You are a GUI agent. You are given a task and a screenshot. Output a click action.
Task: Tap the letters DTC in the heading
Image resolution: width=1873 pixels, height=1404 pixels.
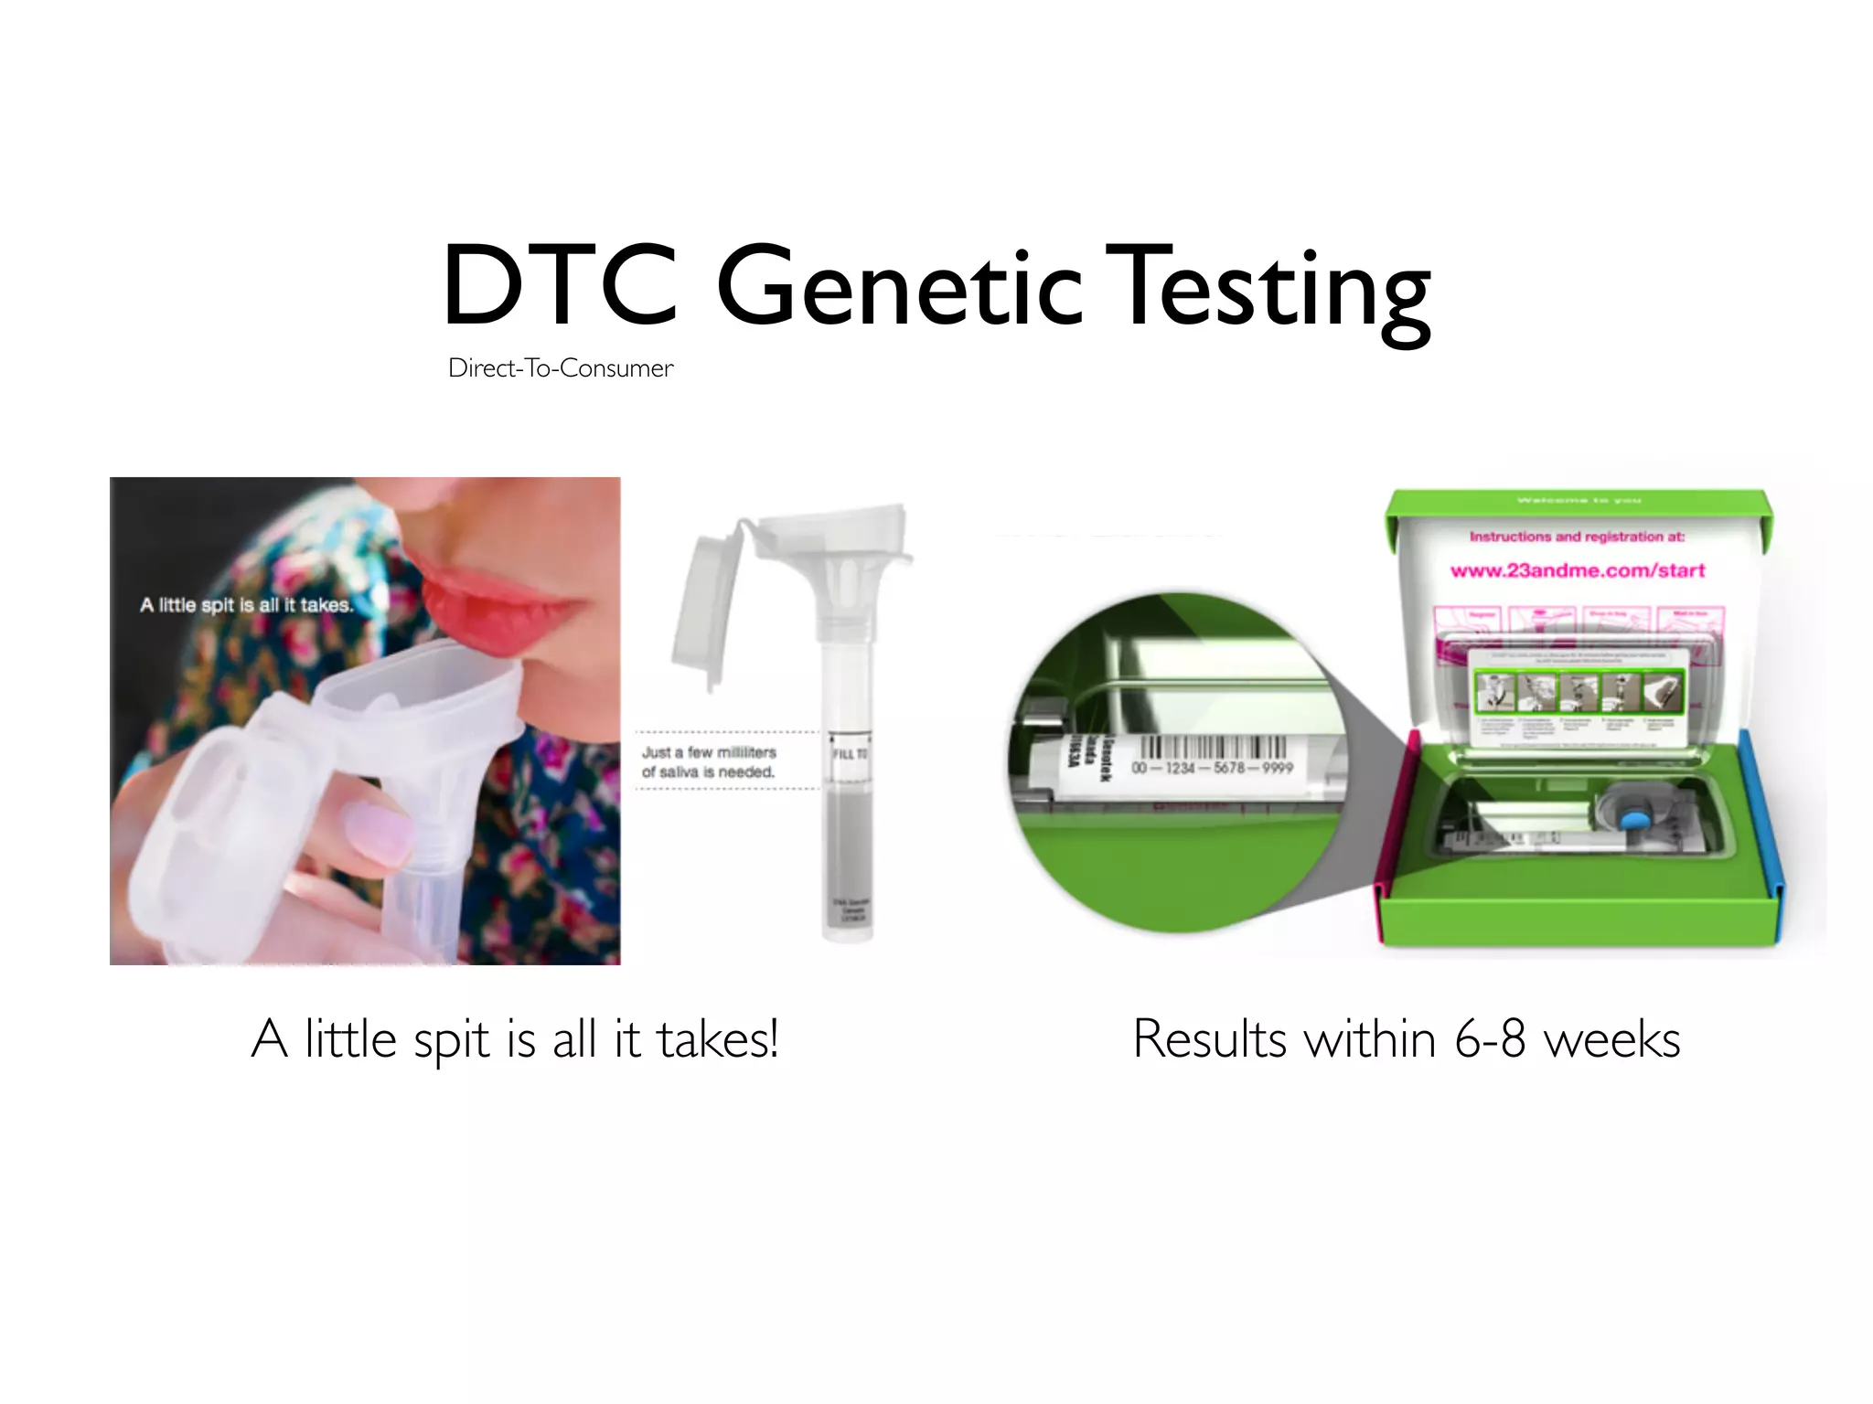tap(560, 286)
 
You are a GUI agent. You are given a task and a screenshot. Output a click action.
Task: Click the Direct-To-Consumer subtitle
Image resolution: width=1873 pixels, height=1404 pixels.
tap(561, 368)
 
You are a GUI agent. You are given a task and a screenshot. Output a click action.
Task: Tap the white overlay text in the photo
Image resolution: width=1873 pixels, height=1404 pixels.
tap(245, 605)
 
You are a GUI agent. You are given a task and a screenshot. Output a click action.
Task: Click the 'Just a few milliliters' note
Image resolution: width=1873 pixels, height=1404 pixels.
tap(709, 761)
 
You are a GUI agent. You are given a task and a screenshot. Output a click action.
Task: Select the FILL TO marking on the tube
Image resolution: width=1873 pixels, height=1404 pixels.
tap(849, 754)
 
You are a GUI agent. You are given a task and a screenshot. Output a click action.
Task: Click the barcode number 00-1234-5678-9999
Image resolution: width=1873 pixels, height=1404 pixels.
tap(1212, 768)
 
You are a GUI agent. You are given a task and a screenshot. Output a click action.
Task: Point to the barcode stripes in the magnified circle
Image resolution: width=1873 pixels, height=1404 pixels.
tap(1212, 746)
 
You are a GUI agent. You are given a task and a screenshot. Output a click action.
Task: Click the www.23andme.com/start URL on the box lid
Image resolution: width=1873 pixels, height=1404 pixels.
tap(1578, 570)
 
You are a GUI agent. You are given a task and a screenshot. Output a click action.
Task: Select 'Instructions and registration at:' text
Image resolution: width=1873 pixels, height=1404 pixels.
tap(1576, 537)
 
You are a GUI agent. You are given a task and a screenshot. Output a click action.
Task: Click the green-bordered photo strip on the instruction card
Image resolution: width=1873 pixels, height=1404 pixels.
tap(1578, 692)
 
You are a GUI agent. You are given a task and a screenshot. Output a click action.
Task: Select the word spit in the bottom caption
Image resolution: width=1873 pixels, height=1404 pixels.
tap(451, 1040)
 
